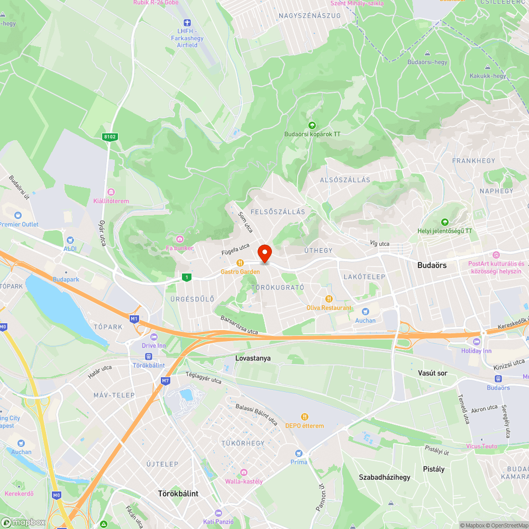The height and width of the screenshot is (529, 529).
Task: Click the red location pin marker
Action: (x=264, y=253)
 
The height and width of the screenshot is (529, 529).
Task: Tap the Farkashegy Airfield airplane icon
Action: (x=186, y=22)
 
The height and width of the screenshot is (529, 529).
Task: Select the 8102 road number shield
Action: (x=110, y=137)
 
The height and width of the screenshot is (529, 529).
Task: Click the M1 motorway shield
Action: (x=134, y=318)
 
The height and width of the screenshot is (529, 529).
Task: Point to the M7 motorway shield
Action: (x=166, y=380)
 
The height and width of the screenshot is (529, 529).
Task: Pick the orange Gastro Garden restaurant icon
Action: (x=240, y=262)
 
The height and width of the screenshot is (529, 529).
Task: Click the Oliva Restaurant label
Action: (x=329, y=307)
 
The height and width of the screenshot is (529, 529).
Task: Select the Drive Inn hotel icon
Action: (x=154, y=337)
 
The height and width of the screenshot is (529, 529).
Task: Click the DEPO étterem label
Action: (x=304, y=426)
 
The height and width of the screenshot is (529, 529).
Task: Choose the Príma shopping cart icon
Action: (x=299, y=453)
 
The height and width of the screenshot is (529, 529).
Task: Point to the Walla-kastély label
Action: (x=244, y=481)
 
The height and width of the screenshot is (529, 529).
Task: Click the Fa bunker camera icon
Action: (x=180, y=239)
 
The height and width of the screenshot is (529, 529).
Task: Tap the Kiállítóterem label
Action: (x=111, y=201)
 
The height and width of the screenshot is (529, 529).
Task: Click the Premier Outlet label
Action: (x=19, y=224)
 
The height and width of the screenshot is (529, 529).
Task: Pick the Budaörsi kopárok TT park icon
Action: (x=312, y=125)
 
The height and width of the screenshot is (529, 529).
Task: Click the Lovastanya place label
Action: (x=253, y=358)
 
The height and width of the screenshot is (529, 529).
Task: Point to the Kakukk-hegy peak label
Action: (x=488, y=76)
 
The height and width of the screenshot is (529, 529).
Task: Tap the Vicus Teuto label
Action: (x=481, y=446)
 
